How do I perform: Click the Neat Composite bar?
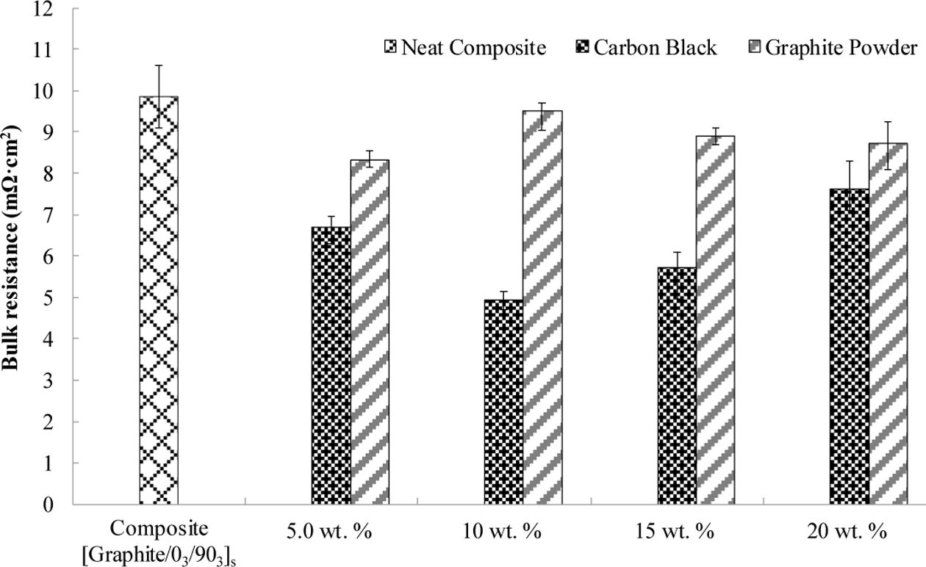[158, 301]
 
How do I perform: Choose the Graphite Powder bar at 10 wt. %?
[542, 308]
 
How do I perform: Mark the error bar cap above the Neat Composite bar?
[158, 65]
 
